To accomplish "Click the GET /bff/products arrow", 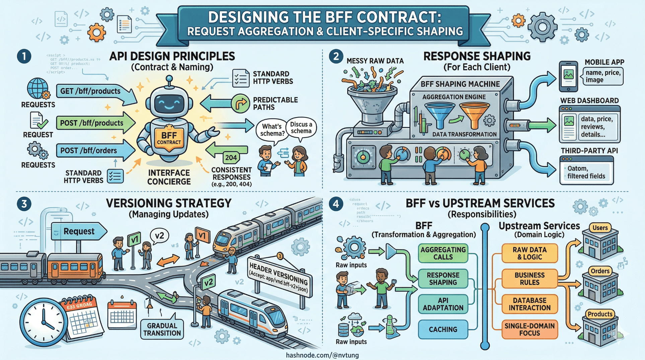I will (92, 91).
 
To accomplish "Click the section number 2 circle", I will (336, 56).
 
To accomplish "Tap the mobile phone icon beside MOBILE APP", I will (568, 76).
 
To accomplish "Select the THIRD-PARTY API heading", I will (589, 151).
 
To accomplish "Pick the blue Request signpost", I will (79, 231).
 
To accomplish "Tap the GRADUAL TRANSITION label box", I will (162, 329).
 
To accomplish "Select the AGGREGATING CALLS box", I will (443, 254).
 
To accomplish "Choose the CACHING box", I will (443, 330).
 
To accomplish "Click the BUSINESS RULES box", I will (529, 279).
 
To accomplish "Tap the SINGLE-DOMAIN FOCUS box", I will (529, 330).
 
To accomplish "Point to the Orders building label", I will (600, 271).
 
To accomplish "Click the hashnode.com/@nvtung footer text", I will (322, 355).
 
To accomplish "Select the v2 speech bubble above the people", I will (159, 236).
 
